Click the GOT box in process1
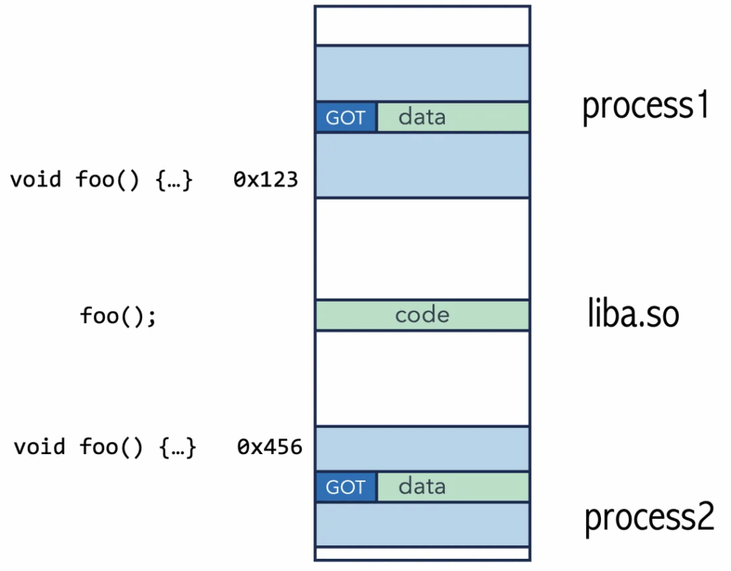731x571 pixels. (346, 117)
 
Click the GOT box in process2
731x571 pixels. (346, 487)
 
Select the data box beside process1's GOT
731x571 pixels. (453, 117)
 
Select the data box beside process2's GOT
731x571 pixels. (453, 487)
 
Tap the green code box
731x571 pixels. (423, 315)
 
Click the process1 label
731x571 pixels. (645, 106)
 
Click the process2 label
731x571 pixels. (649, 518)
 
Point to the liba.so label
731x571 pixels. (633, 313)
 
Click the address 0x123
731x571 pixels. (266, 180)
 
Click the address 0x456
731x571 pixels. (269, 447)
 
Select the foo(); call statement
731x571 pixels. (119, 316)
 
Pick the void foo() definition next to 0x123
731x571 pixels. (101, 180)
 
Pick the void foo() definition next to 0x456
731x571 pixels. (105, 447)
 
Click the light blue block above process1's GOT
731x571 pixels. (423, 73)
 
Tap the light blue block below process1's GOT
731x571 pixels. (423, 165)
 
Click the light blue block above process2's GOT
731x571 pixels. (423, 449)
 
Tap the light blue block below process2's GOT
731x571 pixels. (423, 525)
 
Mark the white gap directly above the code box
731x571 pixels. (423, 249)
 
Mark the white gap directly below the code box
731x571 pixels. (423, 379)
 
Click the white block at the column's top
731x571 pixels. (423, 26)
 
